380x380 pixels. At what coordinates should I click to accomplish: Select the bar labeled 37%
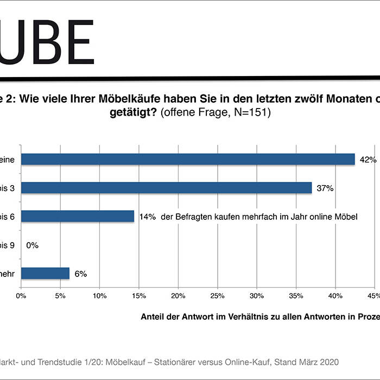click(166, 187)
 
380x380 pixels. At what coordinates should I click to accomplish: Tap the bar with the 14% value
click(77, 216)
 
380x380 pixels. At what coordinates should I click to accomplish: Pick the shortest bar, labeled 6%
click(45, 274)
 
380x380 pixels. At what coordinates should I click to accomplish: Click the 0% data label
click(32, 245)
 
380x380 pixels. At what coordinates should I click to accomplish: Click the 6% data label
click(81, 274)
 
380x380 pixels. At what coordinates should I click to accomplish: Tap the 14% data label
click(147, 217)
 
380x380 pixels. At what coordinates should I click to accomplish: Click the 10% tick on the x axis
click(99, 296)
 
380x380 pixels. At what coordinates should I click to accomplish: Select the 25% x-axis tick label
click(217, 296)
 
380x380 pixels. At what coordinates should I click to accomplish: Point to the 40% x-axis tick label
click(335, 296)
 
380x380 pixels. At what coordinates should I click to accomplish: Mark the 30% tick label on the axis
click(256, 296)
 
